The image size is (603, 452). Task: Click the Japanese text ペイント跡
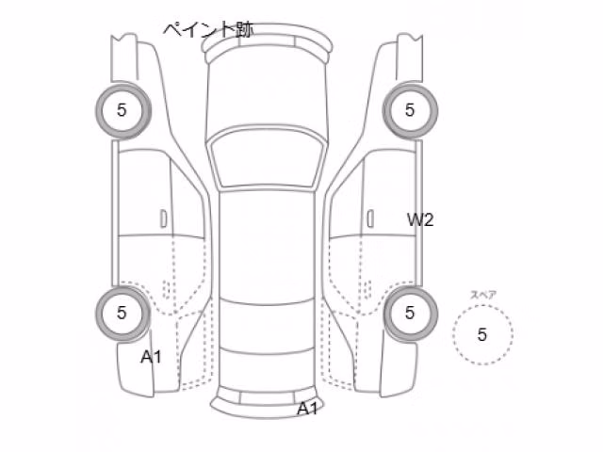(x=208, y=29)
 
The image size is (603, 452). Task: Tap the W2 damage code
(x=420, y=219)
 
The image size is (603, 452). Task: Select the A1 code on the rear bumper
(x=308, y=409)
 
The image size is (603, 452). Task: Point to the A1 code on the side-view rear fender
(x=151, y=357)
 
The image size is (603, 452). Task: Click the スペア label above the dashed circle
(x=483, y=295)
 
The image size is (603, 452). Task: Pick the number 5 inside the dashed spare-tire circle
(x=482, y=334)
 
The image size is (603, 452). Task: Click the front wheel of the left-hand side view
(x=123, y=110)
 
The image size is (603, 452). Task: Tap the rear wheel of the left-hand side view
(x=123, y=314)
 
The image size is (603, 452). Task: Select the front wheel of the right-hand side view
(x=410, y=110)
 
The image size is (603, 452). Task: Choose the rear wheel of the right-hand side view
(x=411, y=314)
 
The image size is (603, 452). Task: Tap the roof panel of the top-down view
(x=267, y=246)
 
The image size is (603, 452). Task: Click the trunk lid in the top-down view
(x=267, y=371)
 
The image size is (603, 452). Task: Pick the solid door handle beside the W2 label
(x=370, y=219)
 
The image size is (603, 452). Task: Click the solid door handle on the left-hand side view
(x=164, y=219)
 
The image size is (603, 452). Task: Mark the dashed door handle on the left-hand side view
(x=166, y=289)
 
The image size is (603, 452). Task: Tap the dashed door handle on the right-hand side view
(x=367, y=289)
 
